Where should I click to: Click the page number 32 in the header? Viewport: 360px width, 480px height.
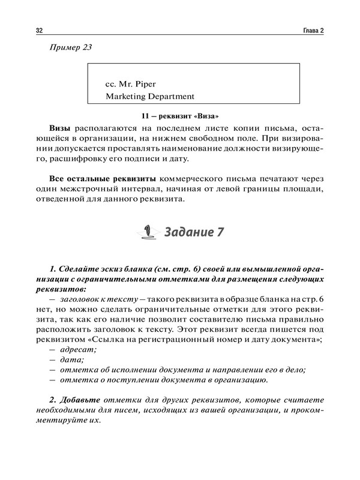(39, 31)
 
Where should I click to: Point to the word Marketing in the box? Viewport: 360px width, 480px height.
(128, 95)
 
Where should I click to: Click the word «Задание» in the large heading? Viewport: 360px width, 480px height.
(183, 232)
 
